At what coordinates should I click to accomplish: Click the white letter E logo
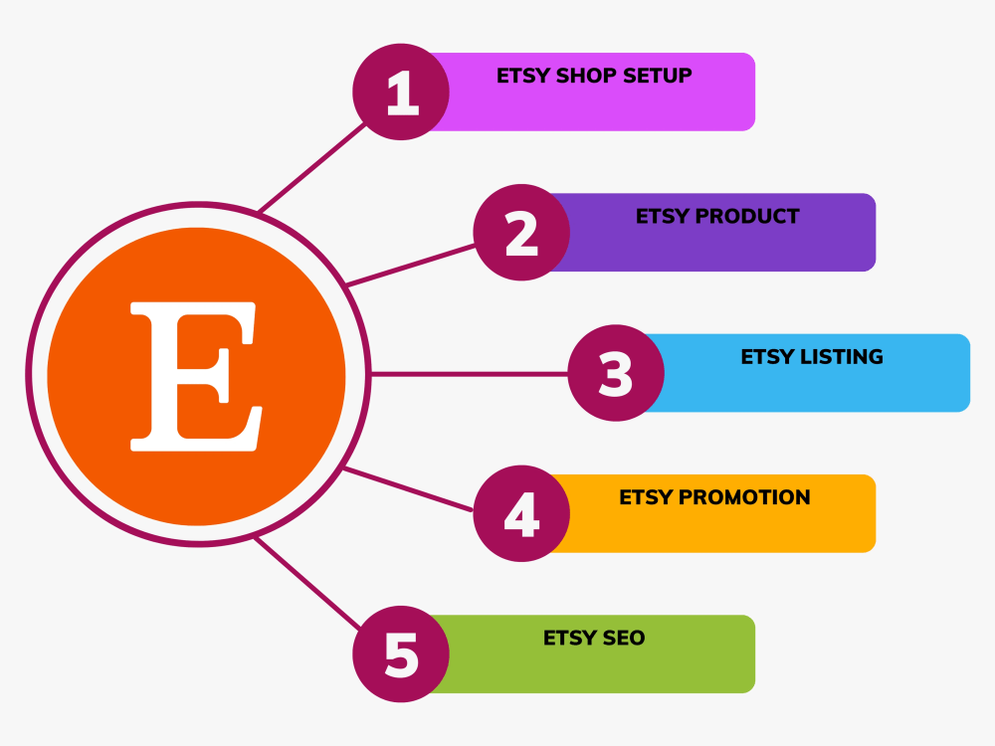(196, 376)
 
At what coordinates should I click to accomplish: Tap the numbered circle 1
(401, 92)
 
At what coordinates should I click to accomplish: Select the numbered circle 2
(521, 232)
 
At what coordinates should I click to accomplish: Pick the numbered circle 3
(616, 373)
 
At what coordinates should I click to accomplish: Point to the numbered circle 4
(521, 513)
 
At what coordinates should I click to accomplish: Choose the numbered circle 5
(401, 654)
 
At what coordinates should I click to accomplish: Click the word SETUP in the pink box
(658, 76)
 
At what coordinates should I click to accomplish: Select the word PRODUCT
(747, 216)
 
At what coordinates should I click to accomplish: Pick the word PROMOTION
(744, 497)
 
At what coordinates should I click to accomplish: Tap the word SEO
(624, 638)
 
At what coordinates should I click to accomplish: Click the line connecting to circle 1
(312, 167)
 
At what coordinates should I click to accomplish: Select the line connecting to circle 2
(411, 266)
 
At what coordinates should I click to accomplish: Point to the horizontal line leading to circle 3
(469, 374)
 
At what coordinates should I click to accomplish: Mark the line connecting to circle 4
(408, 489)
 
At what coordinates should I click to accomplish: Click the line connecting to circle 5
(307, 583)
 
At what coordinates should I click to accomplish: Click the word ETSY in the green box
(569, 638)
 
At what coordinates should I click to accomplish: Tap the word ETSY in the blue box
(767, 356)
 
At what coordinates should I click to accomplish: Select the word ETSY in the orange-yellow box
(646, 497)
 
